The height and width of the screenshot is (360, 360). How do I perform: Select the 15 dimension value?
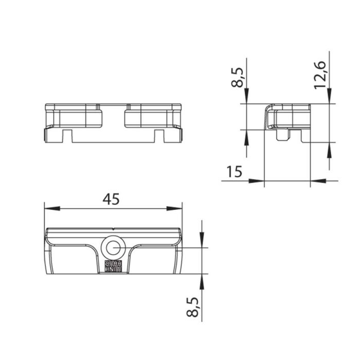(234, 171)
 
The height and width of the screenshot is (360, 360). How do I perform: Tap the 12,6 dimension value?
(320, 75)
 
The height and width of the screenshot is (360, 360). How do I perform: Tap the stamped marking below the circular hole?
(113, 266)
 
